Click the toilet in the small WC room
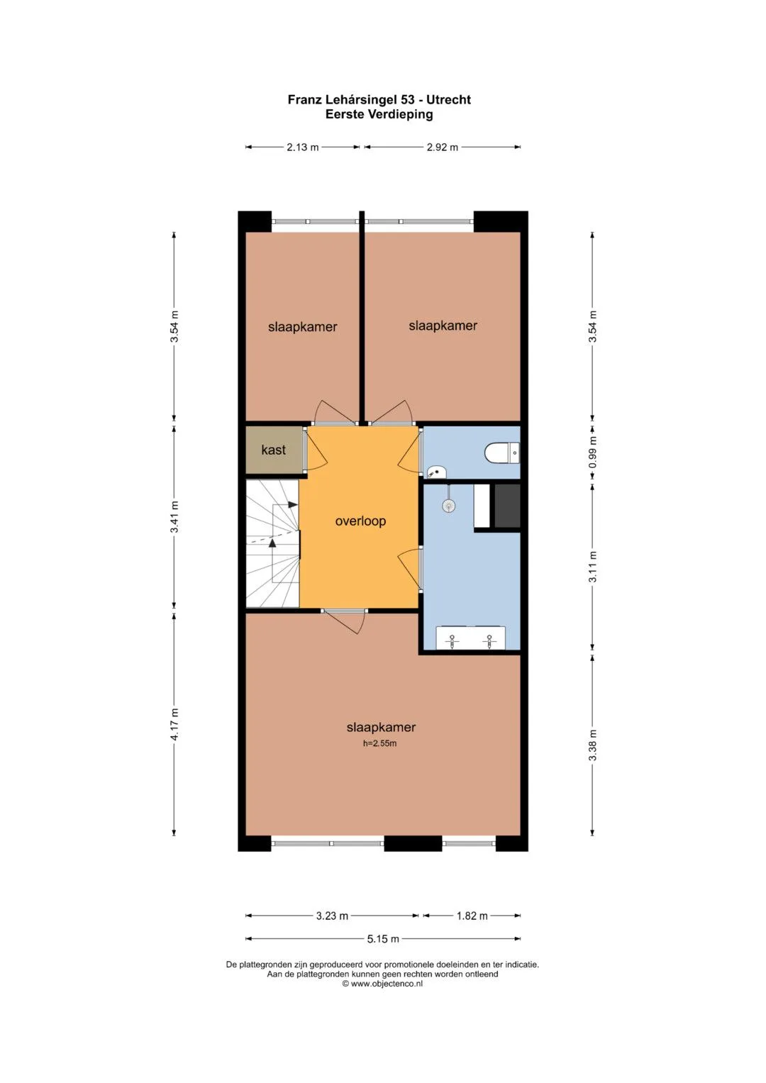tap(502, 453)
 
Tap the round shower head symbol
tap(449, 506)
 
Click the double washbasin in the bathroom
tap(470, 638)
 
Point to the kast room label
tap(274, 450)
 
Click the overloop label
tap(361, 521)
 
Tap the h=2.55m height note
tap(380, 743)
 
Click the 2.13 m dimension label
tap(303, 147)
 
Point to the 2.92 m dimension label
tap(442, 147)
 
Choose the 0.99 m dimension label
tap(593, 452)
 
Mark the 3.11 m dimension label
tap(593, 567)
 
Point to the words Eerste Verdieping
tap(379, 115)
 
